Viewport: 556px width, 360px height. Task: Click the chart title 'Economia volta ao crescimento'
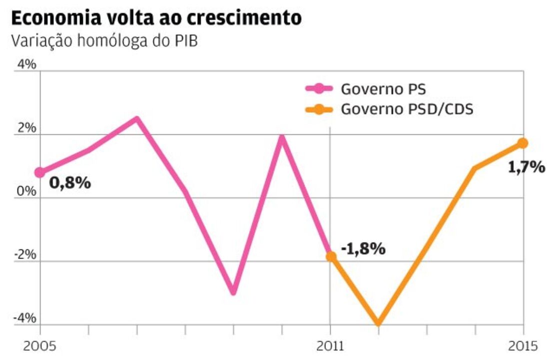[156, 18]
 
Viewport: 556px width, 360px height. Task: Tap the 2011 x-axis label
[330, 346]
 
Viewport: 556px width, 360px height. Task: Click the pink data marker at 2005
[39, 173]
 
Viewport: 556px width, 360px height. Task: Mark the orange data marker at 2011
[330, 256]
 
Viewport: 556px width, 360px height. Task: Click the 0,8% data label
[70, 183]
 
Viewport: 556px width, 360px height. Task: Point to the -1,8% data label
[363, 248]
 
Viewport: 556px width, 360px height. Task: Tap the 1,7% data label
[526, 168]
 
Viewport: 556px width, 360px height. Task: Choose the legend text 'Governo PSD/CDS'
[407, 109]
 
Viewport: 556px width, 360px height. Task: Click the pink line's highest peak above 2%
[136, 119]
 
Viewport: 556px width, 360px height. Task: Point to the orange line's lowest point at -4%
[378, 324]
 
